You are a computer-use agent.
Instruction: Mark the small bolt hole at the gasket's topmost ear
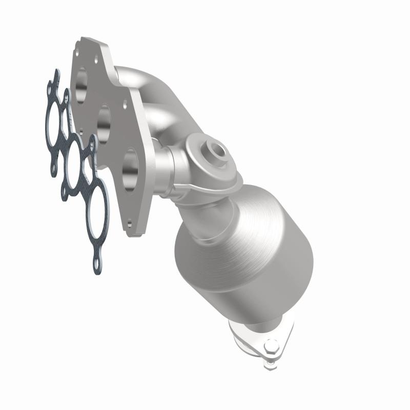tap(53, 77)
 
